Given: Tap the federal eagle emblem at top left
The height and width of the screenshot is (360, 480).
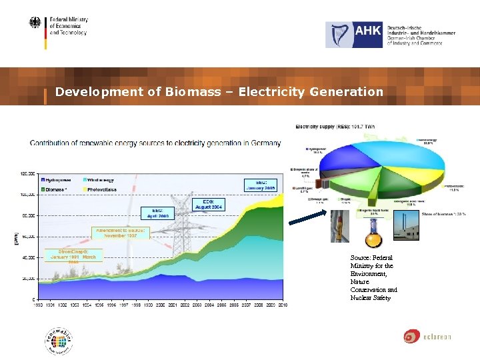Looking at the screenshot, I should pyautogui.click(x=35, y=24).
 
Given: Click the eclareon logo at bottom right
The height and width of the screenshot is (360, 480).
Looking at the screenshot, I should pyautogui.click(x=427, y=336).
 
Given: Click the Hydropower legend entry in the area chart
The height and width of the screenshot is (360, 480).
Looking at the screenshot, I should pyautogui.click(x=62, y=179).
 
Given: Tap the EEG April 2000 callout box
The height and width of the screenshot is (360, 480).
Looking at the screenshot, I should pyautogui.click(x=157, y=213).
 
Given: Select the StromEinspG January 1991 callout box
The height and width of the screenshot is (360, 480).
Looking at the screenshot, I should pyautogui.click(x=73, y=257).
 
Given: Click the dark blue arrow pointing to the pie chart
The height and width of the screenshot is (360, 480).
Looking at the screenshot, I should pyautogui.click(x=307, y=221).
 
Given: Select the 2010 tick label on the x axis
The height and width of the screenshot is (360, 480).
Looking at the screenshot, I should pyautogui.click(x=282, y=304).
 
